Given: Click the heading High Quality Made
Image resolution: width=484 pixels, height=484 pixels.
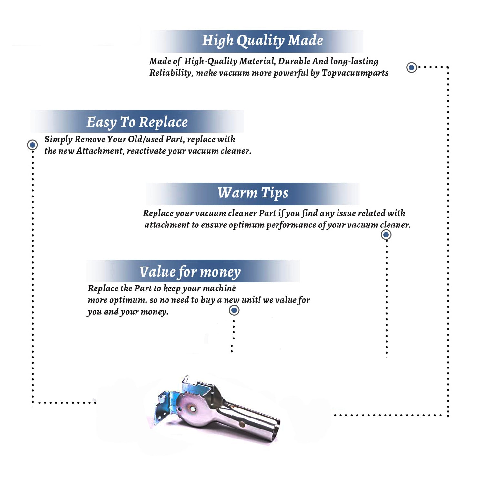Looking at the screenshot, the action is (x=262, y=41).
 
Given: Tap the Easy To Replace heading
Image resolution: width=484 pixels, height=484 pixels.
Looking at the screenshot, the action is (x=137, y=122).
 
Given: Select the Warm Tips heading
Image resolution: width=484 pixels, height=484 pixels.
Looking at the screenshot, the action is (x=253, y=193).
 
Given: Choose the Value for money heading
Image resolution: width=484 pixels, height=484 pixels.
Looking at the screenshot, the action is (x=190, y=272).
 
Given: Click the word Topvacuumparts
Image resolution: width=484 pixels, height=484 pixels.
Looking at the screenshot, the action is (x=355, y=73).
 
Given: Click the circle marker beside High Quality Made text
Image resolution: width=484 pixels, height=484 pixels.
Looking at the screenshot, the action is (x=411, y=67).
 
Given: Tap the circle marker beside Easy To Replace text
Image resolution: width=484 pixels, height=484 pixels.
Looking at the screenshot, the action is (x=32, y=145).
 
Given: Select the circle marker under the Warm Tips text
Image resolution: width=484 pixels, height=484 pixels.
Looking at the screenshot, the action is (x=386, y=235).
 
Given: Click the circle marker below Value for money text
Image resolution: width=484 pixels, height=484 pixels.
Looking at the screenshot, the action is (x=234, y=310).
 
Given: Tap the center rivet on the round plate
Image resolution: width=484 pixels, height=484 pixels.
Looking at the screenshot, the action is (x=193, y=409).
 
